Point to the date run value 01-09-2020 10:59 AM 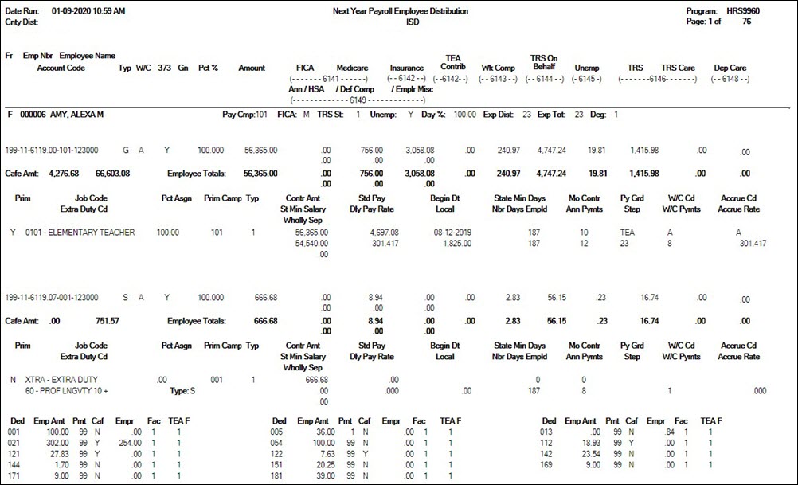point(88,12)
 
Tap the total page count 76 point(746,22)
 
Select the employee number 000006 point(30,115)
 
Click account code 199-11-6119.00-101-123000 point(52,150)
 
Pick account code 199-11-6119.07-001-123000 point(52,297)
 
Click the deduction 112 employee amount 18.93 point(573,442)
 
